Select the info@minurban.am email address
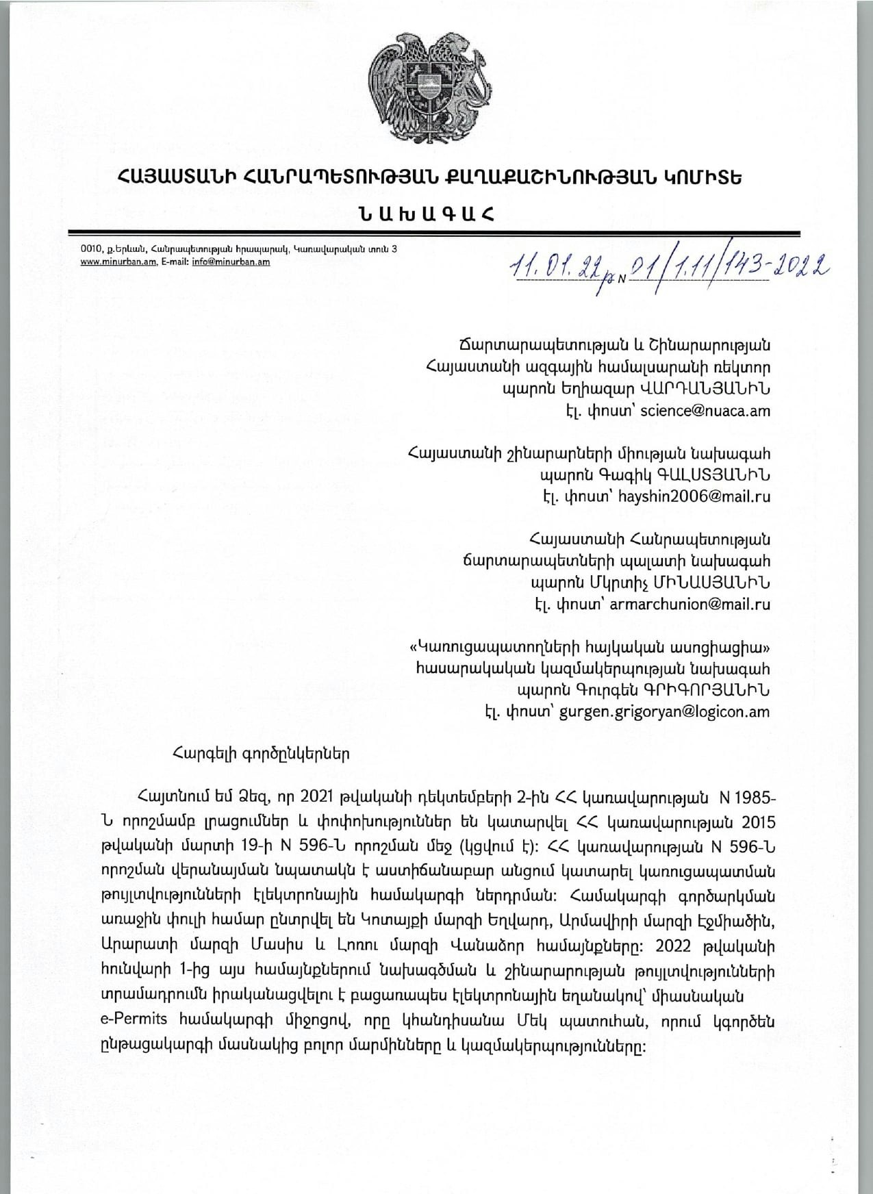click(236, 262)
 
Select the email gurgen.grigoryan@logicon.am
click(664, 711)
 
